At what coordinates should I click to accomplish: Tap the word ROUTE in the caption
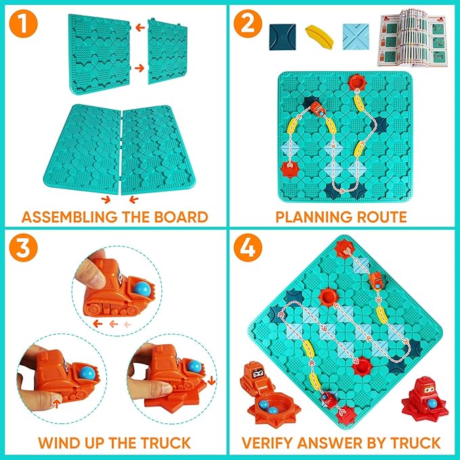point(379,217)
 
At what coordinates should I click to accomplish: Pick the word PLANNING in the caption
point(317,217)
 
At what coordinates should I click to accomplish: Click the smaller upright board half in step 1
point(167,50)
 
